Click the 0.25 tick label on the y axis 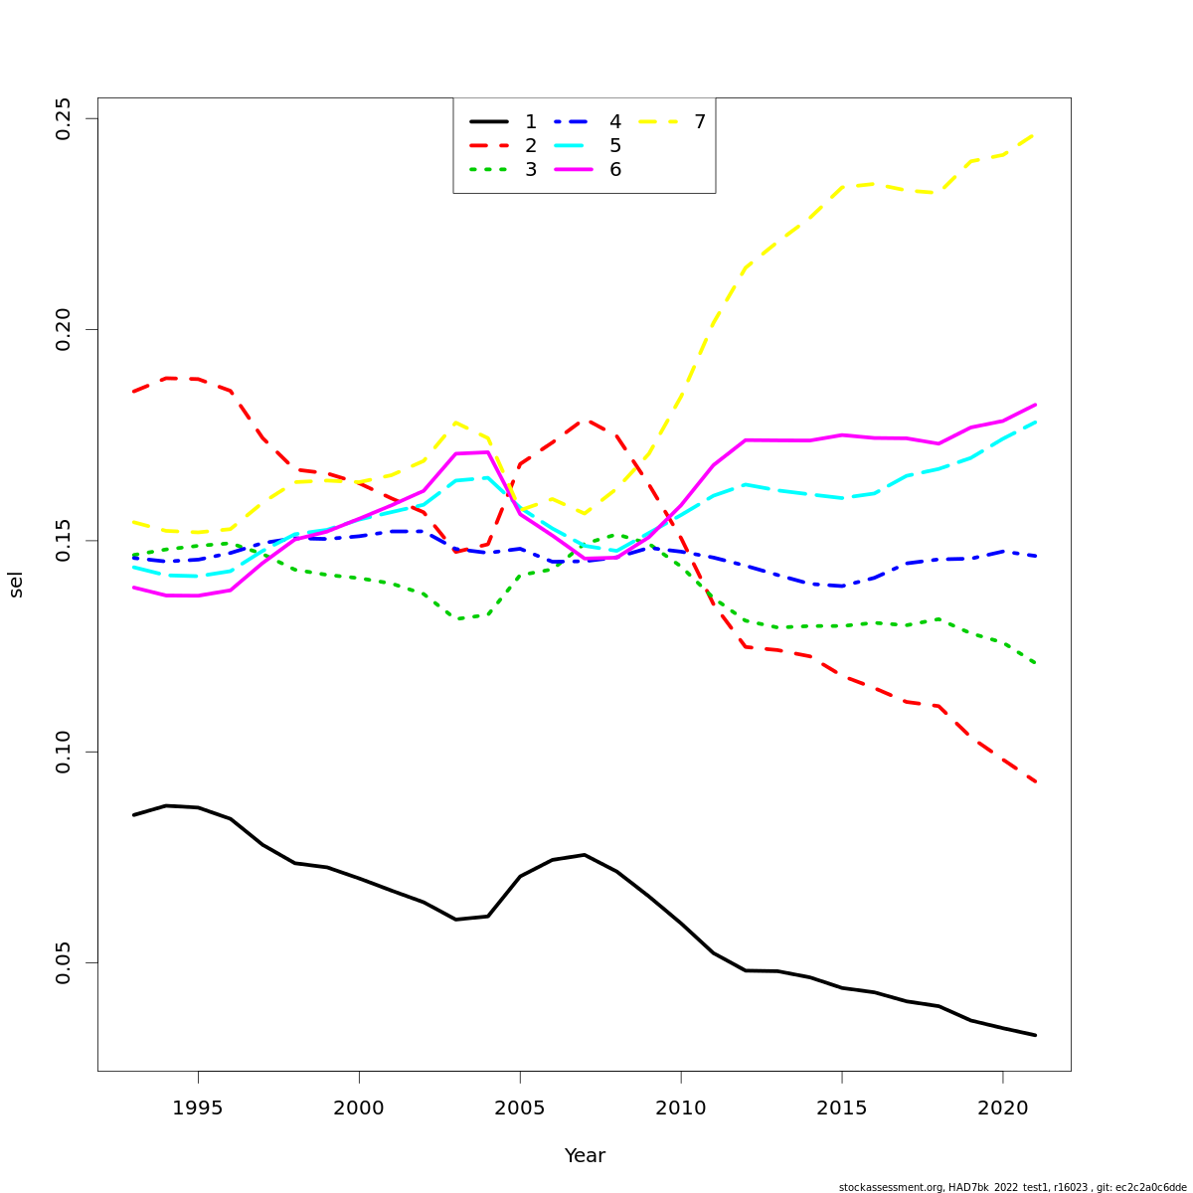(x=64, y=118)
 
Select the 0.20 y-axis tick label (x=64, y=329)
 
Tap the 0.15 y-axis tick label (x=64, y=541)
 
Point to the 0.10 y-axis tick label (x=64, y=752)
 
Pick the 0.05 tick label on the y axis (x=64, y=962)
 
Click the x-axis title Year (x=585, y=1156)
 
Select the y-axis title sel (x=16, y=585)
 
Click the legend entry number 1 (x=531, y=122)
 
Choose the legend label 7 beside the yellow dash (x=700, y=122)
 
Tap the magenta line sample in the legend (x=574, y=170)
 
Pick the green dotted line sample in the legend (x=489, y=170)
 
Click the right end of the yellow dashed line (x=1035, y=134)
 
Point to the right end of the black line (x=1035, y=1035)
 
